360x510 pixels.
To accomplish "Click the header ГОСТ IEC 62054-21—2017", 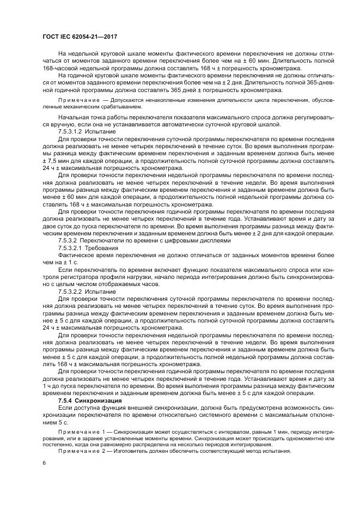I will pos(80,37).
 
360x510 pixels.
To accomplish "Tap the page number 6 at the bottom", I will pos(44,462).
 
